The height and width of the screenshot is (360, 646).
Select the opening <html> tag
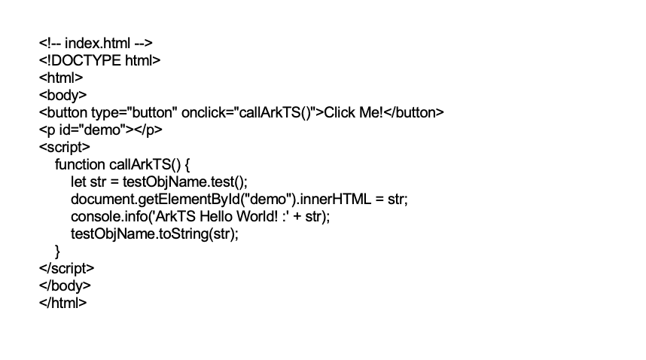coord(61,78)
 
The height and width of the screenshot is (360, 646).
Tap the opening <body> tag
coord(62,95)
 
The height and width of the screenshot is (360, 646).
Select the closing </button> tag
coord(414,112)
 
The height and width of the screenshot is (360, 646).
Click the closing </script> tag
coord(67,268)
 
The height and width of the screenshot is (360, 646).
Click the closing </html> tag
coord(63,303)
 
